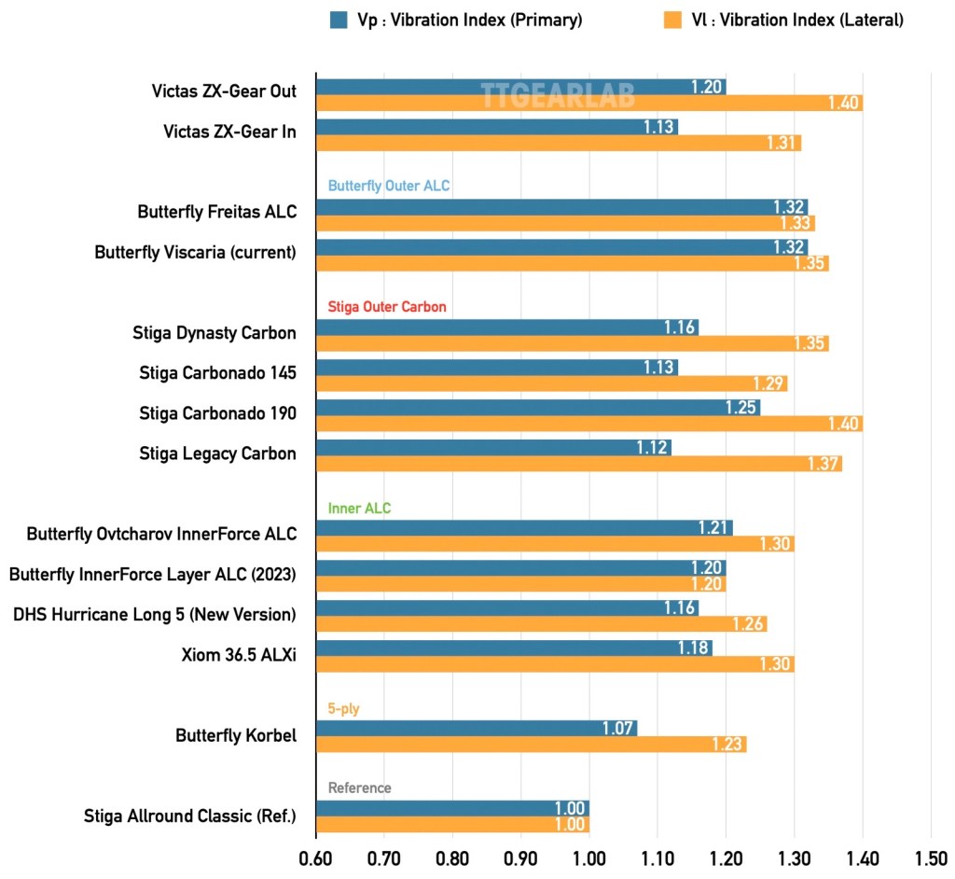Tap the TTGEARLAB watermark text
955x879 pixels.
pyautogui.click(x=557, y=94)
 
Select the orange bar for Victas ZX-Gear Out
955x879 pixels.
pyautogui.click(x=588, y=103)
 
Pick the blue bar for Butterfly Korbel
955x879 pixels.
pyautogui.click(x=476, y=728)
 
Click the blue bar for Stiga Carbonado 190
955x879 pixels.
pyautogui.click(x=537, y=408)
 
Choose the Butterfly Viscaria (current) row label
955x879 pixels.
pyautogui.click(x=196, y=253)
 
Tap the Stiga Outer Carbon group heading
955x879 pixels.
pyautogui.click(x=387, y=306)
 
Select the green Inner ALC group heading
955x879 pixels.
pyautogui.click(x=359, y=509)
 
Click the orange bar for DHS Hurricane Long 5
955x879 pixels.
pyautogui.click(x=541, y=623)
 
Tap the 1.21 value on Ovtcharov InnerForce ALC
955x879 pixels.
pyautogui.click(x=713, y=528)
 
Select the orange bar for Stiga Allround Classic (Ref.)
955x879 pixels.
pyautogui.click(x=452, y=824)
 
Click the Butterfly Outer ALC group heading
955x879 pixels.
pyautogui.click(x=389, y=186)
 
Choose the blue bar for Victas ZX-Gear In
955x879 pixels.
pyautogui.click(x=496, y=126)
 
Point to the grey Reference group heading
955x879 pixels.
pyautogui.click(x=360, y=788)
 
